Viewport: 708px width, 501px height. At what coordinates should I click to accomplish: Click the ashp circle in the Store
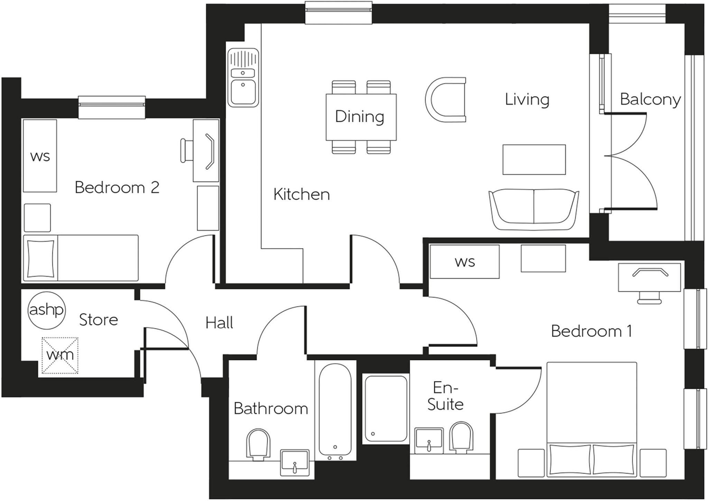(x=46, y=310)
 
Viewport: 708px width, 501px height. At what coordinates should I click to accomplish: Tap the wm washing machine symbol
(x=60, y=356)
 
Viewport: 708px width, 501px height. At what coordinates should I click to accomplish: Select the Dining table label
(x=360, y=116)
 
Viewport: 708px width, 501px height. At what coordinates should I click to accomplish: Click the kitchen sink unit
(x=243, y=77)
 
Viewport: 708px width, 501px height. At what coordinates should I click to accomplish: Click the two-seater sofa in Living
(x=534, y=209)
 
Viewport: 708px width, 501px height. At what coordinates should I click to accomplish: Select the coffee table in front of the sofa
(x=534, y=160)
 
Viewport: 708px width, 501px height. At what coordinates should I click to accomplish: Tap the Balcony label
(x=650, y=100)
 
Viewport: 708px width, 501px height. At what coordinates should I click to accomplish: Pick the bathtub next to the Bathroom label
(x=335, y=411)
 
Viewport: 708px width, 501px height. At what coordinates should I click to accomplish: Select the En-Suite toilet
(x=462, y=437)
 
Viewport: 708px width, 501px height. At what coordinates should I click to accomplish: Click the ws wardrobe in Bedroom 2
(x=40, y=156)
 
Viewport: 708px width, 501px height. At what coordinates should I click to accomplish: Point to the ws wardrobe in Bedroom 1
(x=464, y=262)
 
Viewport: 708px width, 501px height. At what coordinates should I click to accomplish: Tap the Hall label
(x=219, y=323)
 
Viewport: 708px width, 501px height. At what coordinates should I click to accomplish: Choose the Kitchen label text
(x=301, y=194)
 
